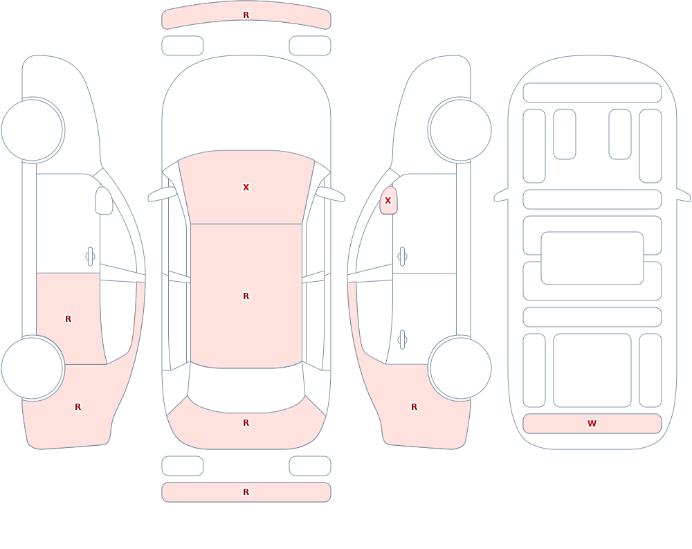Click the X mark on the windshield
[246, 188]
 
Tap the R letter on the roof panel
[246, 296]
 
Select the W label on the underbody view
[592, 423]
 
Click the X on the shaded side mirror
[388, 201]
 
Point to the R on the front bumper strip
[246, 15]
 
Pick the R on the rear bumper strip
[246, 492]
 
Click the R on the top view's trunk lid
[246, 423]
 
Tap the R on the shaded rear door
[68, 319]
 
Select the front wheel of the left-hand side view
[33, 130]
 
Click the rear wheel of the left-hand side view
[33, 368]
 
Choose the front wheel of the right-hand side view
[460, 130]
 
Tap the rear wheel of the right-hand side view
[460, 368]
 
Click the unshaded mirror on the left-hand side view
[104, 201]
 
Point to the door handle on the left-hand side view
[90, 257]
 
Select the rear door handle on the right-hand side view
[402, 340]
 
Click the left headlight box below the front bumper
[182, 46]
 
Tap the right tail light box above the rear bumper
[310, 466]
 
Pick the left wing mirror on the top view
[162, 195]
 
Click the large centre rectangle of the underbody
[592, 258]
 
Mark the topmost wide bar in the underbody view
[592, 93]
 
